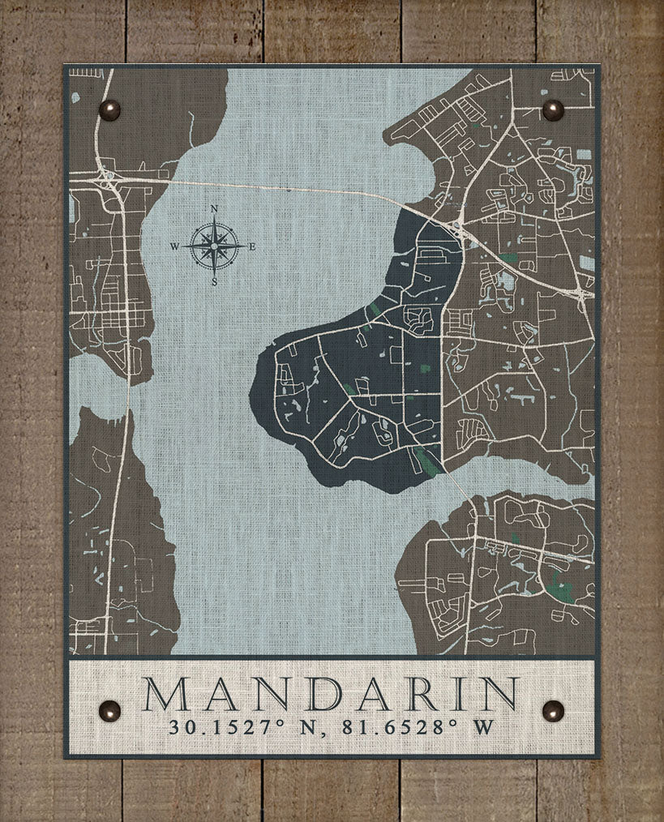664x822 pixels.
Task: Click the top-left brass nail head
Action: (109, 110)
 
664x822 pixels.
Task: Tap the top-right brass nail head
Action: (553, 110)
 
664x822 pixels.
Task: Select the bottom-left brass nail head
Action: (109, 711)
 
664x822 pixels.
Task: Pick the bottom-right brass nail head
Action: (553, 711)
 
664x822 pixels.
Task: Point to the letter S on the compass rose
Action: (214, 282)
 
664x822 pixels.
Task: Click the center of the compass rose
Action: (214, 246)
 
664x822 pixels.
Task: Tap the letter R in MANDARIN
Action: (424, 694)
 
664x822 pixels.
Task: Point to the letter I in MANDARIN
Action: (463, 694)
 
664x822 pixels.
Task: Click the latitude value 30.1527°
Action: (216, 726)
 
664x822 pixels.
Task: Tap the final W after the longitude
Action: (483, 726)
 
